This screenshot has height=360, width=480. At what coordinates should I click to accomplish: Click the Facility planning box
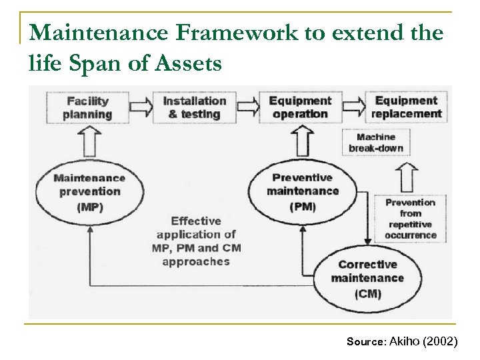89,107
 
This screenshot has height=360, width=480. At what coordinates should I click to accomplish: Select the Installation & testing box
195,107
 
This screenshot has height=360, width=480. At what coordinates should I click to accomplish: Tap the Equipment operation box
299,107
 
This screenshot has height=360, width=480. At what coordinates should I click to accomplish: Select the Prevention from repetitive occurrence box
410,218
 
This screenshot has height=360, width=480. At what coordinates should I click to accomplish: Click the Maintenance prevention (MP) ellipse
89,192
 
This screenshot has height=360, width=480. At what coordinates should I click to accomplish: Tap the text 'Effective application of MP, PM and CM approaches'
199,241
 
